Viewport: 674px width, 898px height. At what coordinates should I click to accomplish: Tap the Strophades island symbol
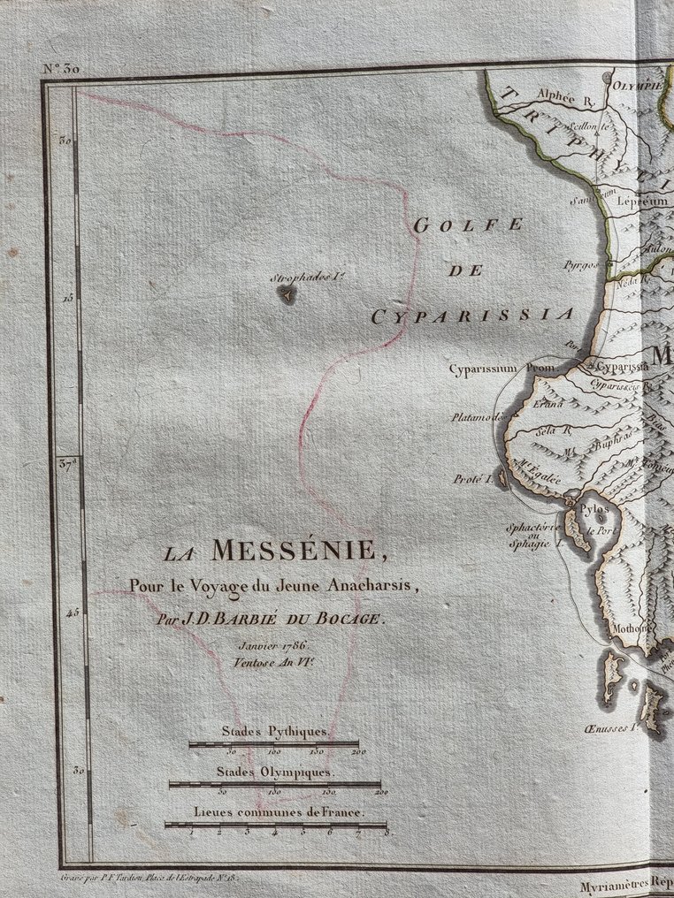click(x=286, y=296)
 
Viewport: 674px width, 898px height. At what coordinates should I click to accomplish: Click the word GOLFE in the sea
click(x=469, y=225)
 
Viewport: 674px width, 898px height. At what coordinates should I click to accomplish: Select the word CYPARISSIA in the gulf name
click(x=472, y=315)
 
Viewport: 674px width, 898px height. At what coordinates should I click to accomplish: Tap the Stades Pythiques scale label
click(x=274, y=733)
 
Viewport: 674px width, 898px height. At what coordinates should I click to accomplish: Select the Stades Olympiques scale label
click(x=277, y=772)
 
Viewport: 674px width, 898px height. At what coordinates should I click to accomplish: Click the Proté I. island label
click(x=471, y=479)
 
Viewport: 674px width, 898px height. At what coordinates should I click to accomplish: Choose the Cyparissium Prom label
click(x=501, y=367)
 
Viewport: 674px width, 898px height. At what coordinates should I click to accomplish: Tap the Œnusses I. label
click(x=612, y=729)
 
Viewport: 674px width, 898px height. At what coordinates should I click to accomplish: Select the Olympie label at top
click(x=637, y=86)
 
